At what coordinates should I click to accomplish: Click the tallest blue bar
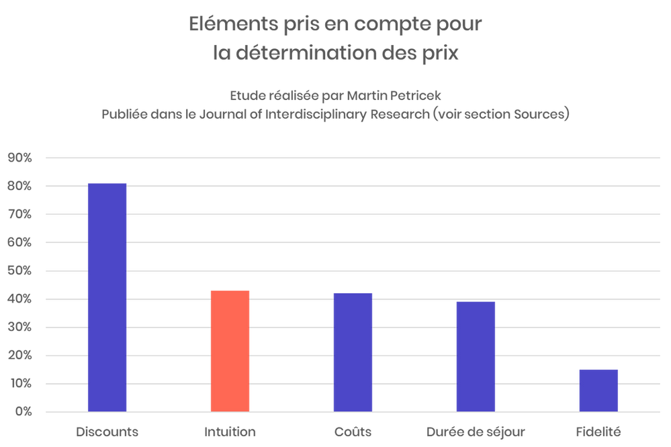[x=107, y=295]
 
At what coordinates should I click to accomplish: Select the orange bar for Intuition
[x=230, y=350]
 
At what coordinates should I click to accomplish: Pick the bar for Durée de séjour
[x=476, y=356]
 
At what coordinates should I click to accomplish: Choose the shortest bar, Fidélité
[x=598, y=389]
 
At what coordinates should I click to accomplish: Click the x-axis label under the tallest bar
[x=107, y=431]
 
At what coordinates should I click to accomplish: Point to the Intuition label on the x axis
[x=230, y=431]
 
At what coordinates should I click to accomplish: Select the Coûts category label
[x=353, y=431]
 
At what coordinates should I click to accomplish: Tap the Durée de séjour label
[x=476, y=431]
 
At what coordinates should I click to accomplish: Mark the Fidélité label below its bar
[x=598, y=431]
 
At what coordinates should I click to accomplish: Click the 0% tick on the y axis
[x=23, y=411]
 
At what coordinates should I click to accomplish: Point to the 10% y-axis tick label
[x=20, y=383]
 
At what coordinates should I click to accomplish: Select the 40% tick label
[x=20, y=299]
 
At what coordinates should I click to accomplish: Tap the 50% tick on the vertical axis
[x=20, y=270]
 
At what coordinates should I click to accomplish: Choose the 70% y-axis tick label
[x=20, y=214]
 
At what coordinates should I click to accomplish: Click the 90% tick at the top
[x=20, y=158]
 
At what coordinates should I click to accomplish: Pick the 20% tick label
[x=20, y=355]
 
